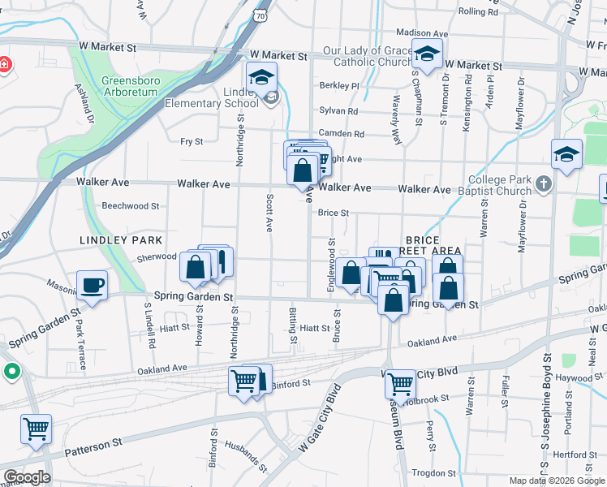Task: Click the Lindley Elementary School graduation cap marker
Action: coord(262,77)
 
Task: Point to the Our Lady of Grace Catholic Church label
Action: coord(368,55)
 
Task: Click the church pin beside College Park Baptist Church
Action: coord(544,185)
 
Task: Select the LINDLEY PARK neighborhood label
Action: coord(121,240)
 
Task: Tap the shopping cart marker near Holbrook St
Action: coord(400,384)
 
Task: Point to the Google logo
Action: coord(26,477)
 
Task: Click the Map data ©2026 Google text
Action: coord(557,481)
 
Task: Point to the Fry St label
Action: coord(192,141)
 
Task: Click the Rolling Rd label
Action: coord(477,11)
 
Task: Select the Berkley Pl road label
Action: coord(339,85)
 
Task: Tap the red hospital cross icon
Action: coord(4,64)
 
